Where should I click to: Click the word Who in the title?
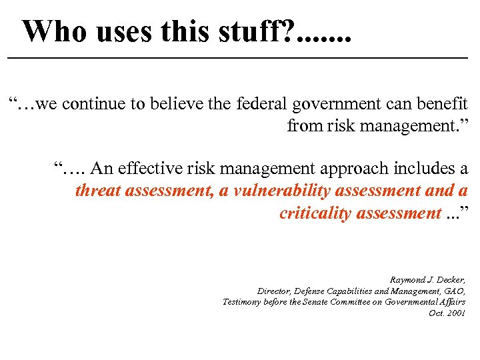click(x=54, y=31)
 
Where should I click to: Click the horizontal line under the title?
click(x=240, y=59)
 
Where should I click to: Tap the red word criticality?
click(x=316, y=213)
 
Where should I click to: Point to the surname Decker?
click(x=451, y=280)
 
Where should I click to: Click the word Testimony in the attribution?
click(x=243, y=302)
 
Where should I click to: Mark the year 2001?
click(x=455, y=313)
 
